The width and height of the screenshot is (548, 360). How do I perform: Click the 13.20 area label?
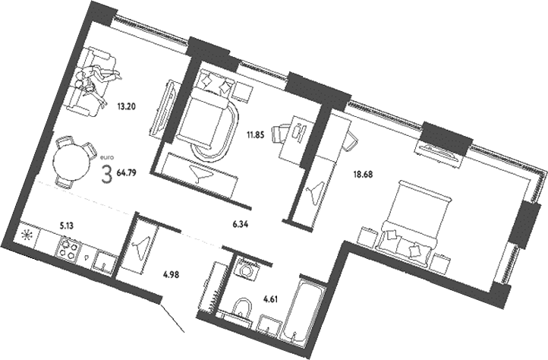126,106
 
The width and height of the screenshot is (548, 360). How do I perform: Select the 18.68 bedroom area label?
363,174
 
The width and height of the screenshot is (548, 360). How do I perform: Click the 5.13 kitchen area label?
66,226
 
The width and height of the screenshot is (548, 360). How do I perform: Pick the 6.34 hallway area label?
241,225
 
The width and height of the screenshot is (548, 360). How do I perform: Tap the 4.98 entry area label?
172,275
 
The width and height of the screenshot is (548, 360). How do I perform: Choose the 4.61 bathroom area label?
270,299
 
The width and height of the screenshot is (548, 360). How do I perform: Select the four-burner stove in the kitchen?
68,248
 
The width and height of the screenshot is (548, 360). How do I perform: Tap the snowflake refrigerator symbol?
26,235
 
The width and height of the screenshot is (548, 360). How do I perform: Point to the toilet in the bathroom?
242,308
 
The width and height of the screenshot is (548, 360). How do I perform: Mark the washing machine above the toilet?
247,270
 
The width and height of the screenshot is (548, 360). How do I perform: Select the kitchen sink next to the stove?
104,262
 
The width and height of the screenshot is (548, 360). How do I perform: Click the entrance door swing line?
172,318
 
